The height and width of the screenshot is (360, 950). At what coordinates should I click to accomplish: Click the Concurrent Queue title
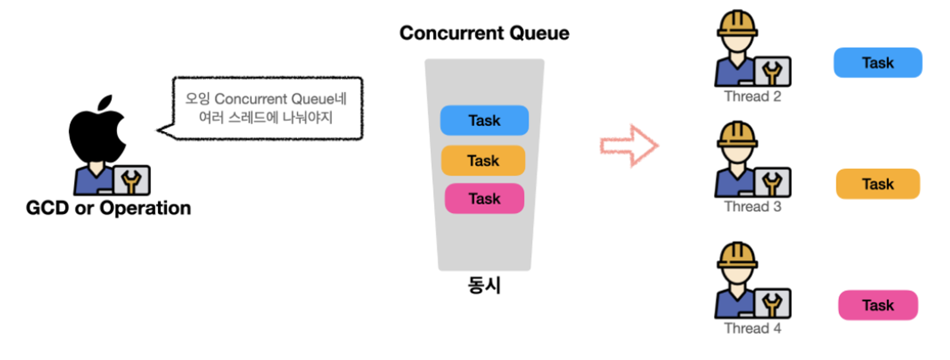(484, 33)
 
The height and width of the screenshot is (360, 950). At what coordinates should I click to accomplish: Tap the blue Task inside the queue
(484, 121)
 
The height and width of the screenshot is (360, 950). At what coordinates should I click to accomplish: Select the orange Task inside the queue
(483, 161)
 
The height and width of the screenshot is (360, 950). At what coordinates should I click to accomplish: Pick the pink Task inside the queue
(484, 199)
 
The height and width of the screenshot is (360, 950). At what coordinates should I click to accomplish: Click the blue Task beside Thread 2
(878, 63)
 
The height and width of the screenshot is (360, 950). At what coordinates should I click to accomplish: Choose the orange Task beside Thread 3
(878, 184)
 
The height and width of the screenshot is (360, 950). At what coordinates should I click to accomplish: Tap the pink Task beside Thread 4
(878, 305)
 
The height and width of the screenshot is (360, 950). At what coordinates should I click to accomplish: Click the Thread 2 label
(752, 96)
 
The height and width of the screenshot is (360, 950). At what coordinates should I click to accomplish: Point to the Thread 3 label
(752, 207)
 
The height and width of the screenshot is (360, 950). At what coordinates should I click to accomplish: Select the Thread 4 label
(752, 328)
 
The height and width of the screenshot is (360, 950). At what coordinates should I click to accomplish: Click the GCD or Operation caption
(108, 208)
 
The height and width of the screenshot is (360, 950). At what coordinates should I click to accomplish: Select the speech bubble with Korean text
(266, 108)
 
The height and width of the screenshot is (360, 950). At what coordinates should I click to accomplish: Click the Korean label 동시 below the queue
(484, 285)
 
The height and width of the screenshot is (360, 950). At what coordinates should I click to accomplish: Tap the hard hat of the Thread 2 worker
(737, 24)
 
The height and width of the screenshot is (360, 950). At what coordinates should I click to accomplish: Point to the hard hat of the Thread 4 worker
(737, 256)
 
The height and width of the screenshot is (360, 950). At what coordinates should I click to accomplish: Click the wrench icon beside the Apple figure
(132, 180)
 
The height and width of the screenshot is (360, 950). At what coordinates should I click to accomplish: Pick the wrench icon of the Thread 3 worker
(772, 182)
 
